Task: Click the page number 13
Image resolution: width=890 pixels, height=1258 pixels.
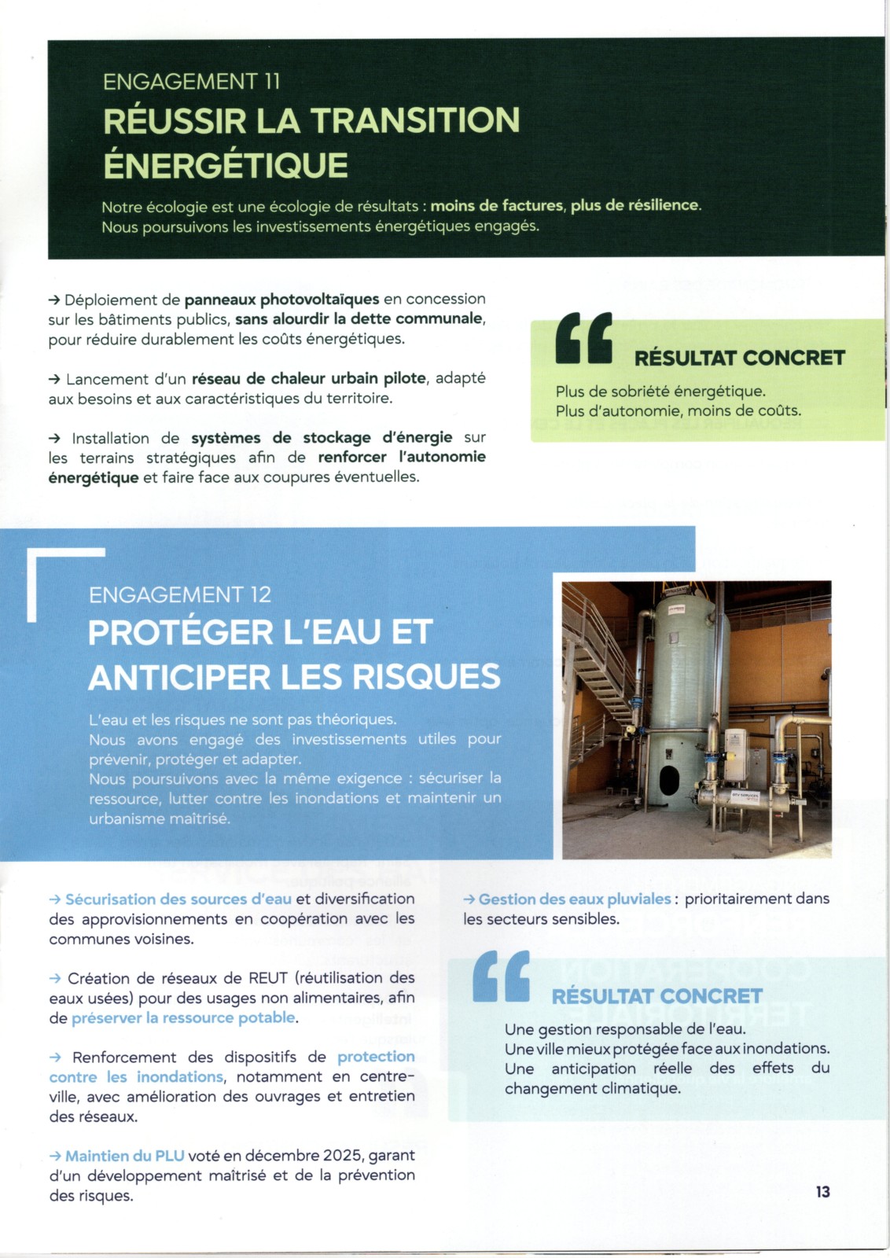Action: click(822, 1192)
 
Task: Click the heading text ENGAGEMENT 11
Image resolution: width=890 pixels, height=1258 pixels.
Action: click(191, 81)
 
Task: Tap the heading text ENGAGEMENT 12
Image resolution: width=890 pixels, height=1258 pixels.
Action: click(180, 594)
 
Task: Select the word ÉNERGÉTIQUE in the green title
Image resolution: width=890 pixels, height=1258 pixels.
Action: click(226, 165)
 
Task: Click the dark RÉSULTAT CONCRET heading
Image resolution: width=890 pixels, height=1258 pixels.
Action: click(739, 358)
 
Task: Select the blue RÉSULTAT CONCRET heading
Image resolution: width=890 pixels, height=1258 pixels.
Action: click(656, 996)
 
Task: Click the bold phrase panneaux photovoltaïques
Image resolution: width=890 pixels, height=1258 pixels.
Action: click(281, 300)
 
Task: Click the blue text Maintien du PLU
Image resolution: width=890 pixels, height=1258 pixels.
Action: click(124, 1156)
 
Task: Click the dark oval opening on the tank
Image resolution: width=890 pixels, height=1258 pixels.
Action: click(668, 780)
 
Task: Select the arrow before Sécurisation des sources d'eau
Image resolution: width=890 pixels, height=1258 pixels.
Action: click(55, 899)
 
